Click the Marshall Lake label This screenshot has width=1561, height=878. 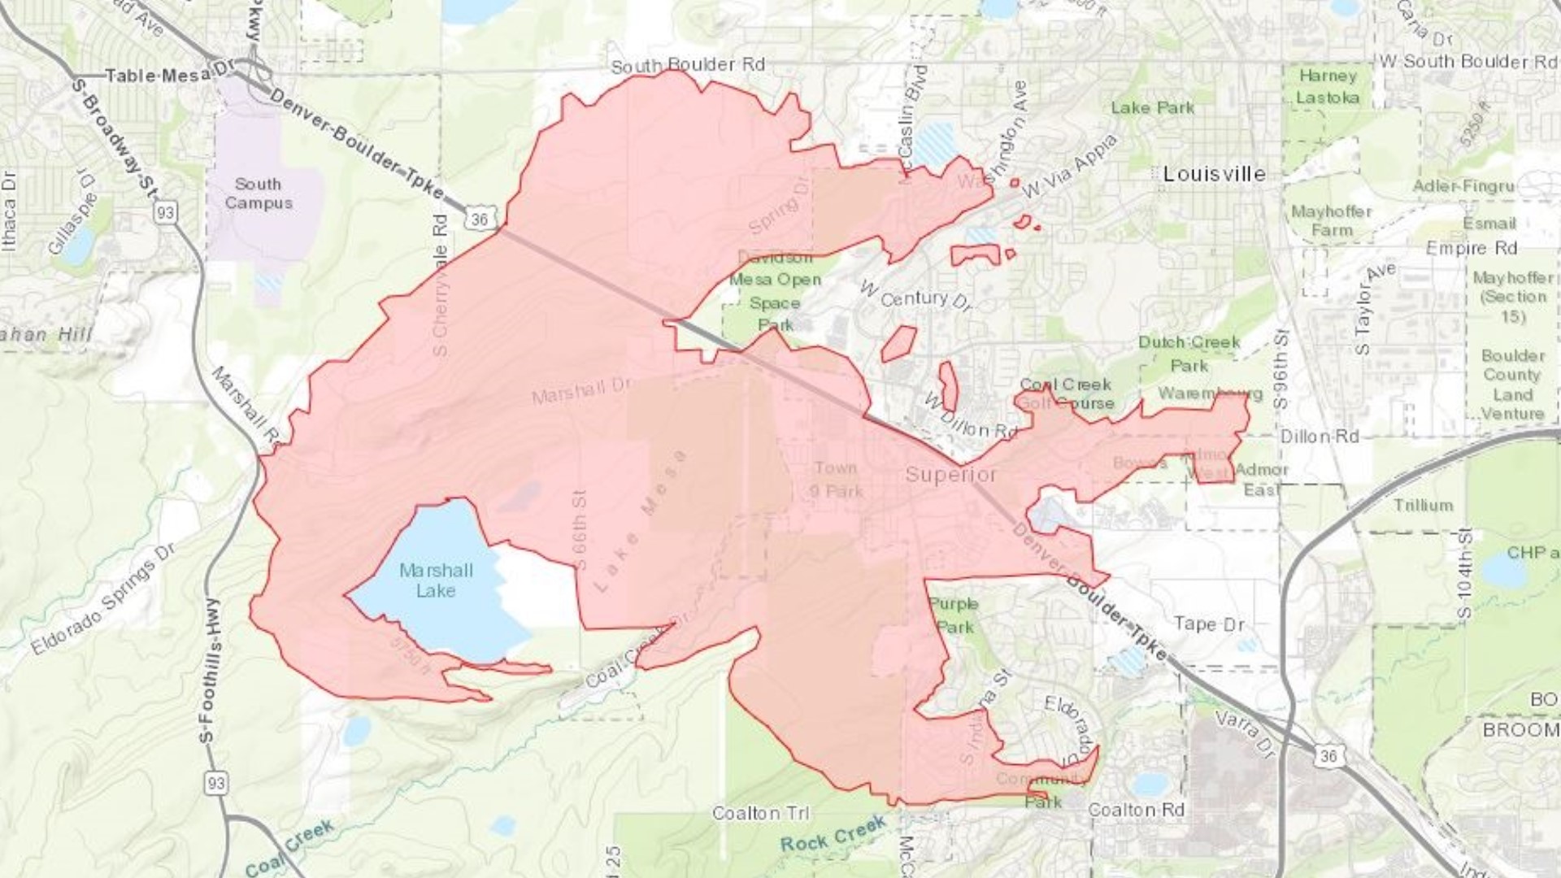click(x=436, y=580)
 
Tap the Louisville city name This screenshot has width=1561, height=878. click(x=1214, y=174)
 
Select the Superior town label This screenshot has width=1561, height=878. click(x=950, y=474)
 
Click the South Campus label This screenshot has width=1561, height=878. click(x=259, y=193)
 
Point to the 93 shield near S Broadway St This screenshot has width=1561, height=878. click(x=165, y=213)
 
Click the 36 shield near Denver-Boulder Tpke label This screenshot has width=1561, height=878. click(x=479, y=219)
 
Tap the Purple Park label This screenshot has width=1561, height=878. click(x=954, y=615)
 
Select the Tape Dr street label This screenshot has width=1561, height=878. click(x=1208, y=624)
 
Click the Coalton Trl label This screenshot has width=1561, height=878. click(x=760, y=813)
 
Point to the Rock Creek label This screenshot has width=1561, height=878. click(x=833, y=836)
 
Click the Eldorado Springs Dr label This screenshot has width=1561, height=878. click(x=103, y=600)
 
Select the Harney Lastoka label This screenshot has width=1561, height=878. click(x=1327, y=87)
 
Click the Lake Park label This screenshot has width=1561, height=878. click(x=1152, y=107)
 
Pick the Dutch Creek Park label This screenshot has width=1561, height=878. click(x=1189, y=354)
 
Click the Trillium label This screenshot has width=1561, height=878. click(x=1423, y=505)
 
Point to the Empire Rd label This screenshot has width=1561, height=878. click(x=1472, y=248)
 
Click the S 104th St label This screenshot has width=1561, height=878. click(x=1465, y=574)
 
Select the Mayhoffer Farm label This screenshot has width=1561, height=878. click(x=1331, y=220)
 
